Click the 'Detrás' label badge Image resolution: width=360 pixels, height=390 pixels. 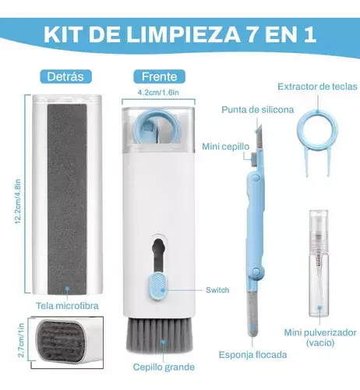click(x=65, y=76)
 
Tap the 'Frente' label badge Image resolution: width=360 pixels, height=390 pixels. click(x=159, y=76)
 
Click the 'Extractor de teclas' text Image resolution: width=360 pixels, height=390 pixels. click(x=317, y=87)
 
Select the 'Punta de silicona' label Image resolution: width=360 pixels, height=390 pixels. click(x=258, y=110)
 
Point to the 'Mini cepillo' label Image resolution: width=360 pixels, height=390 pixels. click(x=226, y=147)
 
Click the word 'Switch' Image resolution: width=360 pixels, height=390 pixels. click(x=217, y=290)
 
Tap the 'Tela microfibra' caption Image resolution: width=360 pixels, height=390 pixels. click(x=67, y=306)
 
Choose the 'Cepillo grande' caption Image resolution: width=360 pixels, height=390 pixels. click(x=164, y=367)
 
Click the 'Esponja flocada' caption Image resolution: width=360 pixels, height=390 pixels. click(x=252, y=355)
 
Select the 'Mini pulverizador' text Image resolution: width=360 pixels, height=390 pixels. click(x=320, y=332)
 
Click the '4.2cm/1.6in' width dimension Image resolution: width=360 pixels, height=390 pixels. click(x=158, y=92)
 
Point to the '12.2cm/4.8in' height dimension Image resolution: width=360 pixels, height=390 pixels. click(x=18, y=201)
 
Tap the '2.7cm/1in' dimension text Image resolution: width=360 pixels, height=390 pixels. click(x=21, y=340)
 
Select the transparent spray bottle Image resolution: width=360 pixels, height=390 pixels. click(x=319, y=264)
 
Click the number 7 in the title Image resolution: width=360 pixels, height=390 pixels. click(x=252, y=34)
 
